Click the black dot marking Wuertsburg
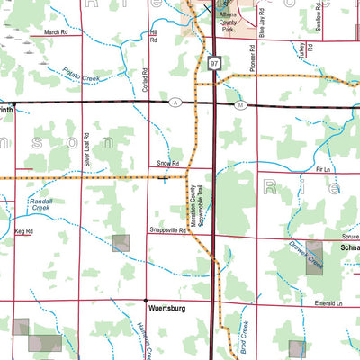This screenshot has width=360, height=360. coord(146,300)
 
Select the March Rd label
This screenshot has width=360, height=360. coord(56,32)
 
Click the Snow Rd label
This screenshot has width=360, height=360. coord(168,164)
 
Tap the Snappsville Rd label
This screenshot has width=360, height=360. coord(167,231)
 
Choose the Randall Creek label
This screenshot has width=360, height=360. coord(41,203)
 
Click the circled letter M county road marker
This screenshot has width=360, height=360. coord(240,105)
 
